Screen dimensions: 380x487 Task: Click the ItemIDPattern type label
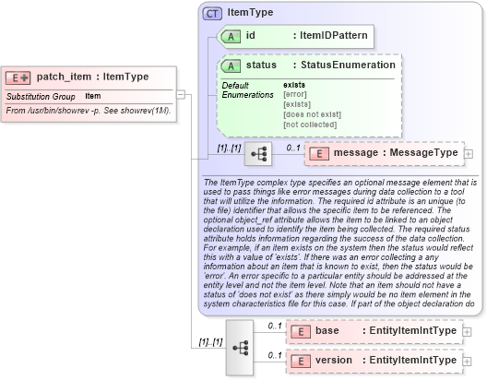331,37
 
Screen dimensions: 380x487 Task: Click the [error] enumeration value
295,94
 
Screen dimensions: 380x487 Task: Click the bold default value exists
294,85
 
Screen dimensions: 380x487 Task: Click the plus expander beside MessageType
469,152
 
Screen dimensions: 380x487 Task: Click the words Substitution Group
41,96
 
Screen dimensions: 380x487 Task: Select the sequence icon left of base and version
239,346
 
